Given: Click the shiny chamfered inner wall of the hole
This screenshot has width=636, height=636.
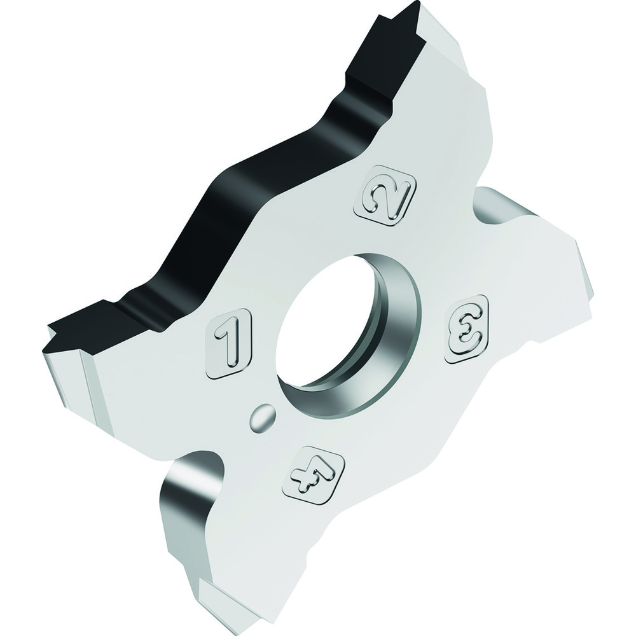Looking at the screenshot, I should pos(388,331).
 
